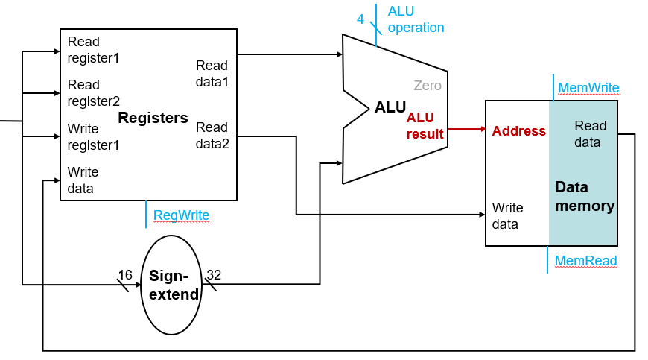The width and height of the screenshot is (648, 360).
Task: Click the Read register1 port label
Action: pos(93,49)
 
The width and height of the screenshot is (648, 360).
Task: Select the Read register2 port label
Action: pos(93,93)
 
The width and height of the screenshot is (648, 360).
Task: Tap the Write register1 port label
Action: pos(93,136)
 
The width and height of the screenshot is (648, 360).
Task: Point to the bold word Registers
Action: pos(153,118)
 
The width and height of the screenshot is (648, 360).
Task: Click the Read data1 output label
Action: pos(212,73)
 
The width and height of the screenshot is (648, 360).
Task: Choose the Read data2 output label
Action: pos(212,135)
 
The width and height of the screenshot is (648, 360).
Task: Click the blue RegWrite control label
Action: pos(181,215)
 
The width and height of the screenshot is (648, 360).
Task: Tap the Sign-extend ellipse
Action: pos(173,285)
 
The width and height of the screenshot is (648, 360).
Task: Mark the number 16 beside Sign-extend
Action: pos(125,275)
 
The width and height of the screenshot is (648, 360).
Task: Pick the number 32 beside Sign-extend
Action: pos(214,275)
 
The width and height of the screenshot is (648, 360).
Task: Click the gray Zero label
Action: pos(428,86)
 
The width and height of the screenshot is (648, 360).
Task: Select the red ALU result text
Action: pos(425,126)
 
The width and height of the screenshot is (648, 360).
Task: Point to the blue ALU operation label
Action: pos(416,19)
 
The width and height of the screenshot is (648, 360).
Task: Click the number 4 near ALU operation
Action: pos(360,19)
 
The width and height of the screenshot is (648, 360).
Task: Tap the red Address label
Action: pos(518,131)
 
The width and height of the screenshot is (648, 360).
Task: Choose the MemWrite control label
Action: pos(588,88)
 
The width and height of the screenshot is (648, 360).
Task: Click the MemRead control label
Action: pos(586,261)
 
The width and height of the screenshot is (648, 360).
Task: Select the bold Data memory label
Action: pos(585,196)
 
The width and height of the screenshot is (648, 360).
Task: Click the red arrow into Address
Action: pos(466,129)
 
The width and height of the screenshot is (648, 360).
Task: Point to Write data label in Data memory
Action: pos(507,215)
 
